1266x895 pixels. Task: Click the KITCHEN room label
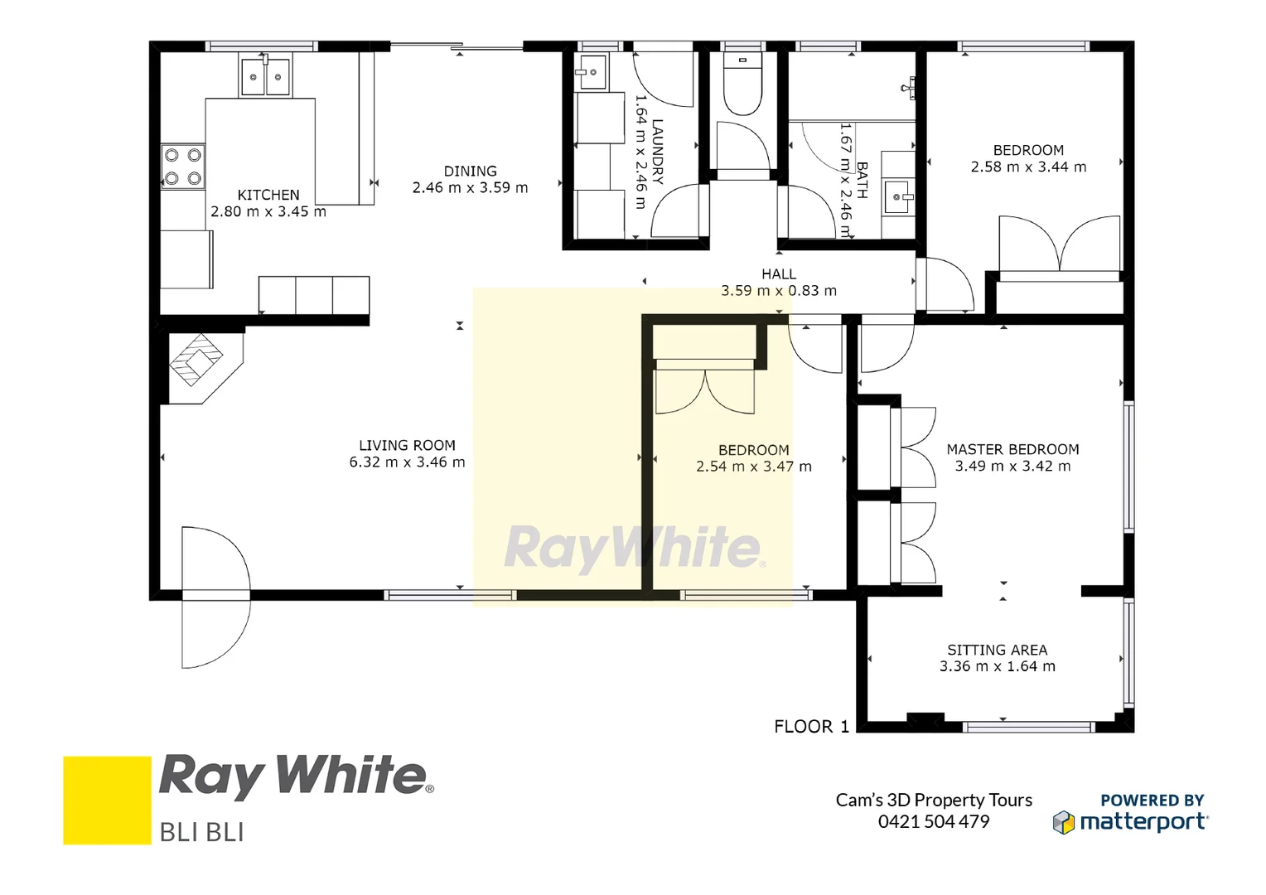(x=268, y=195)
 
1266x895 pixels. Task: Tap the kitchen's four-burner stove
(x=183, y=167)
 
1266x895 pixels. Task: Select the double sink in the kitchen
(x=265, y=76)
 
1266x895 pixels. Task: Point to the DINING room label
(x=470, y=172)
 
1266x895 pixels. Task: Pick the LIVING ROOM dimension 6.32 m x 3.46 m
(x=407, y=462)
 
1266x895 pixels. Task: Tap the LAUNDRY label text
(x=658, y=151)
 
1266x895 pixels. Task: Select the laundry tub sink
(x=592, y=73)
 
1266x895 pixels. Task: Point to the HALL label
(x=779, y=274)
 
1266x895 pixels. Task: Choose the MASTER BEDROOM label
(x=1012, y=449)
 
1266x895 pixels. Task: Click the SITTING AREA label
(x=997, y=650)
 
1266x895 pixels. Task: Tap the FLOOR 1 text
(x=811, y=727)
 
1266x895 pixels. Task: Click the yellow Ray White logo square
(x=107, y=800)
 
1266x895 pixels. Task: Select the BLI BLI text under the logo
(x=201, y=832)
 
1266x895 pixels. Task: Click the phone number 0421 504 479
(x=934, y=821)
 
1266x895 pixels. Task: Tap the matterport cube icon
(x=1063, y=822)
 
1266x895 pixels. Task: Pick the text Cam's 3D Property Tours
(x=934, y=800)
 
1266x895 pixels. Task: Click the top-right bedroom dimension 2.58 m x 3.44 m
(x=1028, y=167)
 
